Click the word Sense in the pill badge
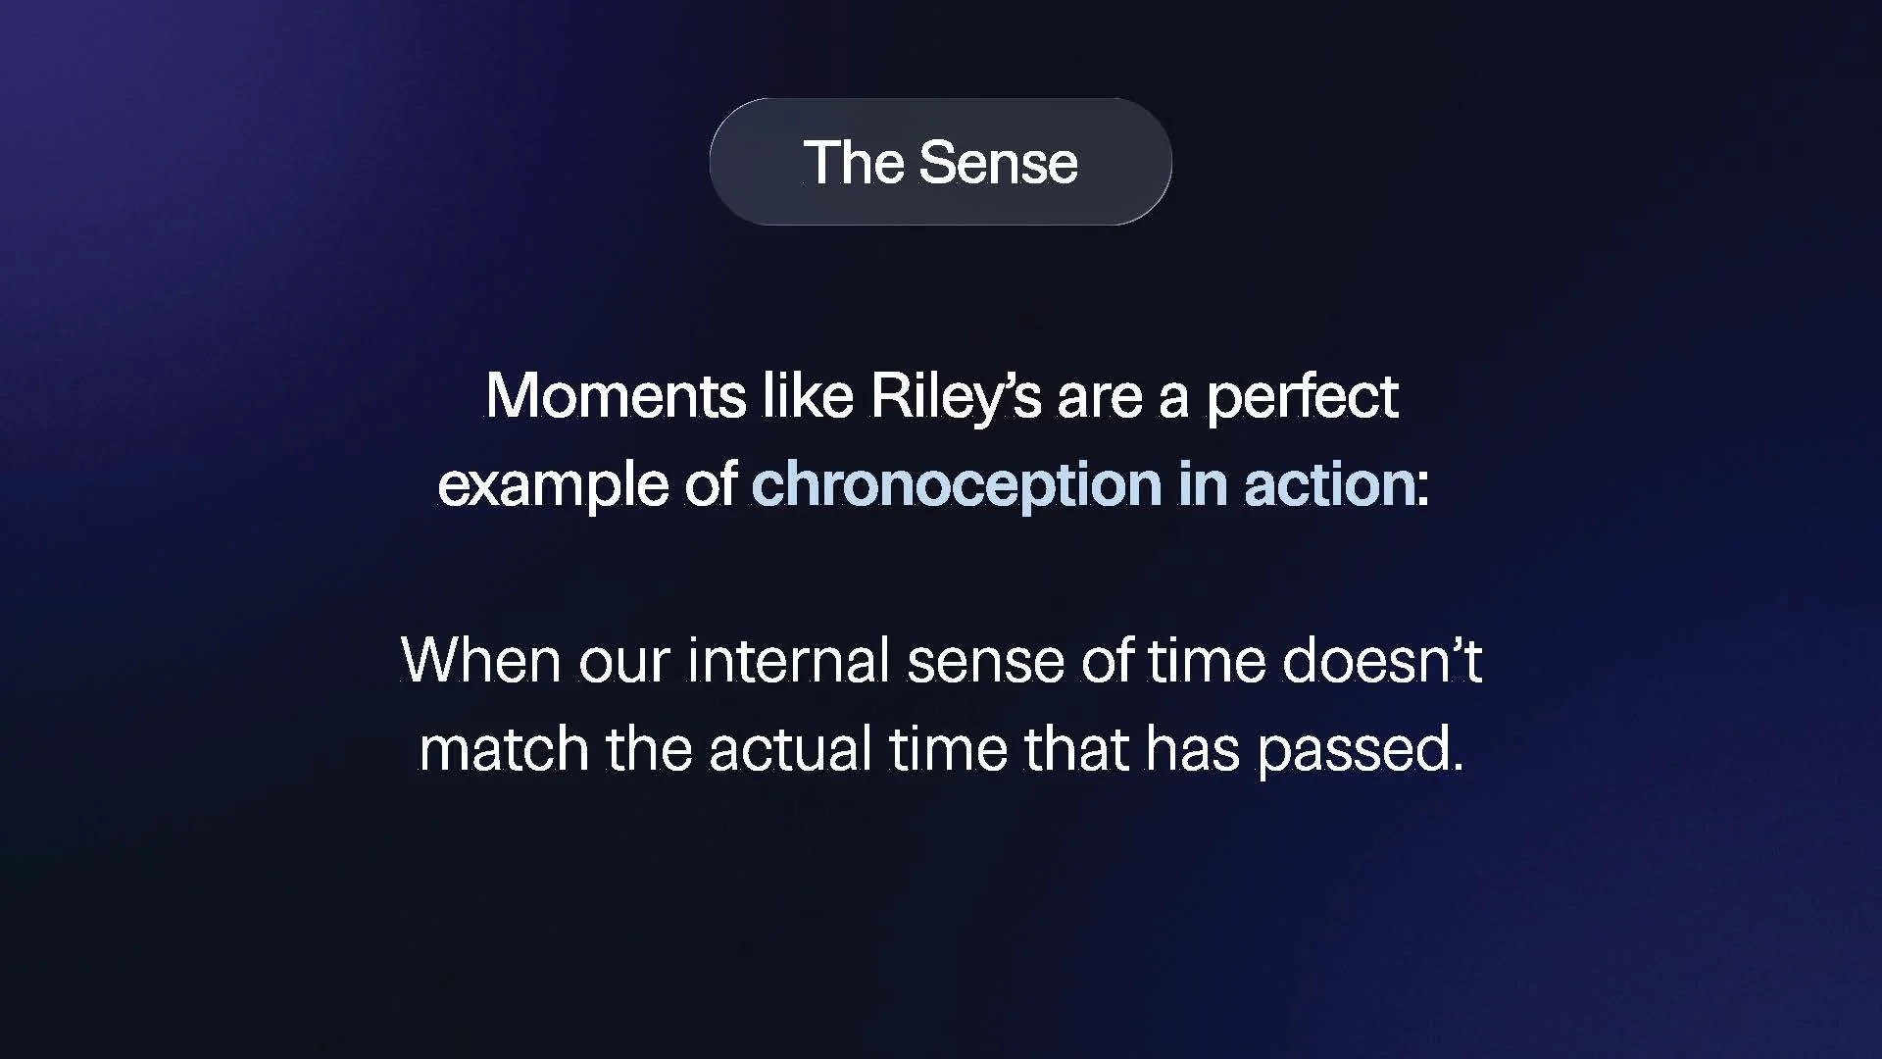pos(998,163)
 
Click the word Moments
pos(616,396)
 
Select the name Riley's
pos(955,396)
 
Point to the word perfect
pos(1301,398)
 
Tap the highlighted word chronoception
pos(956,485)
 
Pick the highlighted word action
pos(1329,484)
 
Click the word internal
pos(788,660)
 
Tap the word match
pos(503,749)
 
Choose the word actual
pos(790,749)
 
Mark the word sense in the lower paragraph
pos(984,662)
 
